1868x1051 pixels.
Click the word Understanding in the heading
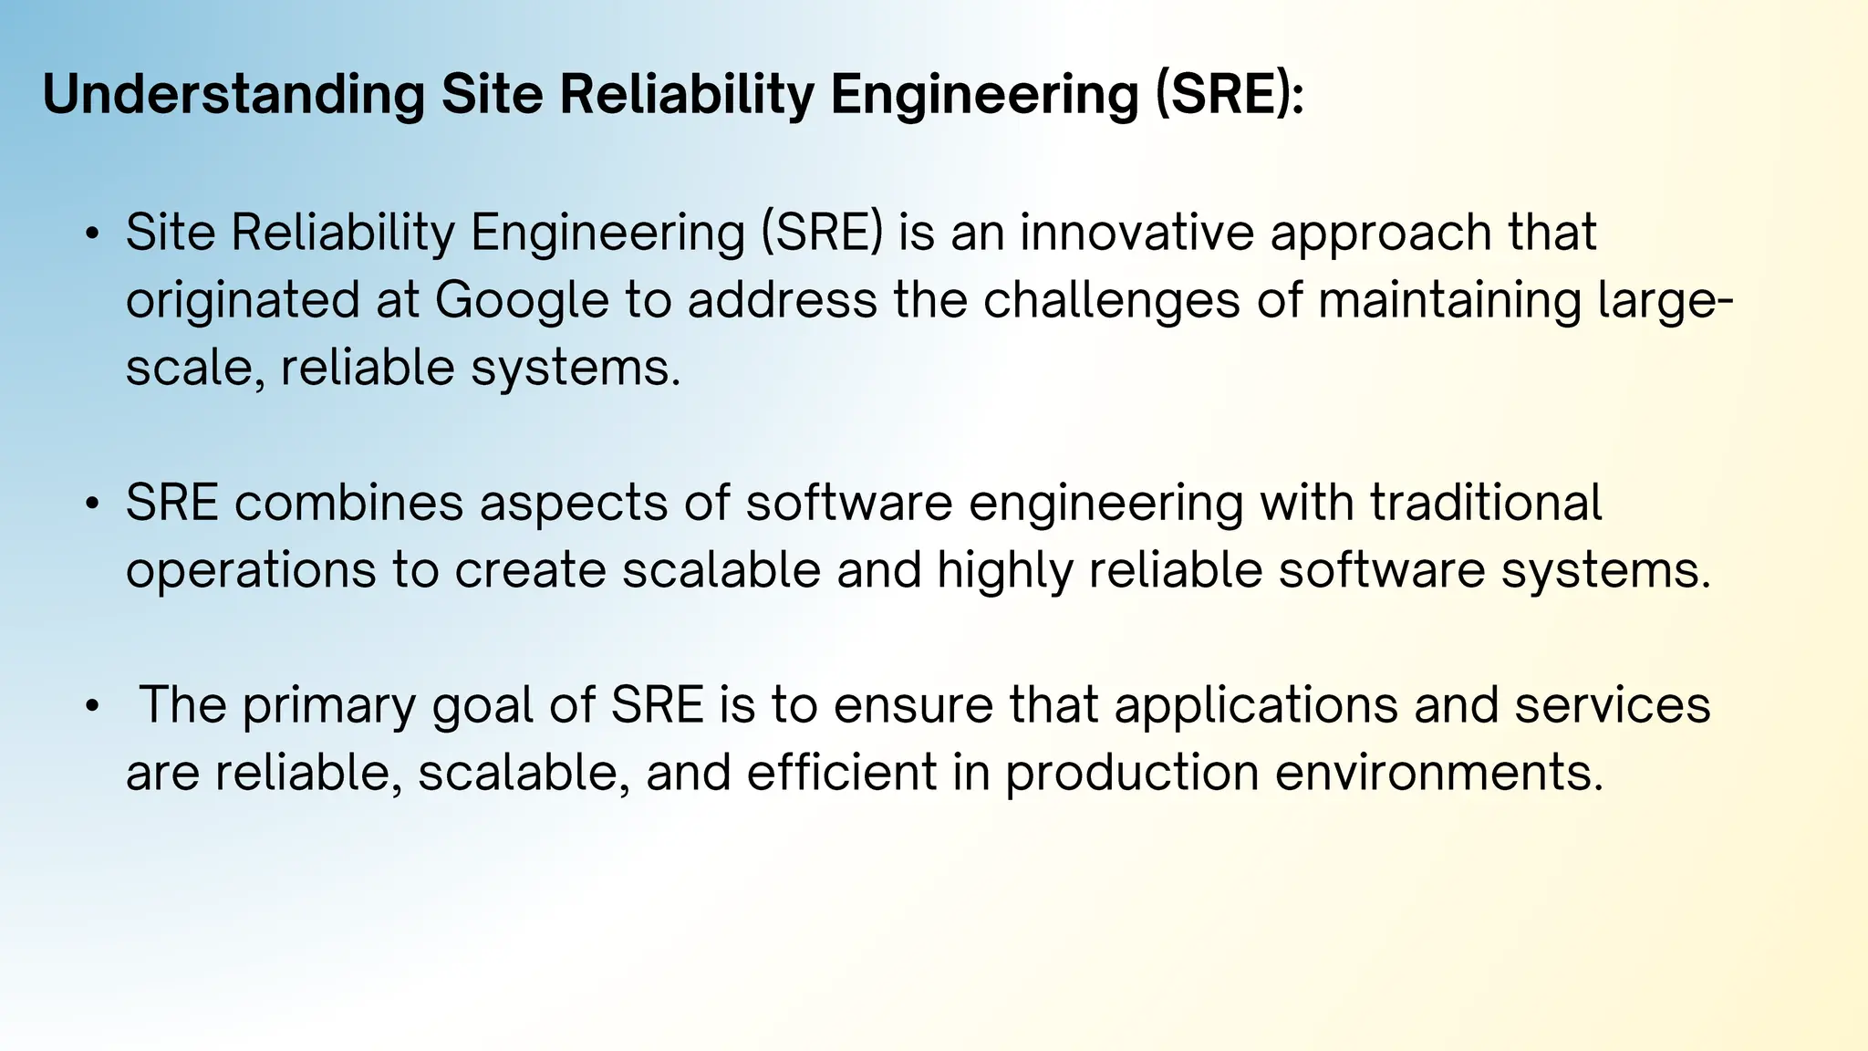pyautogui.click(x=233, y=95)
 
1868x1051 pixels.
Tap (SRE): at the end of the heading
pyautogui.click(x=1230, y=95)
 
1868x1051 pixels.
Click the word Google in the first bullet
pyautogui.click(x=522, y=300)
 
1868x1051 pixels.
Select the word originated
pyautogui.click(x=243, y=300)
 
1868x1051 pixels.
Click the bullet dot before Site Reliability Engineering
pyautogui.click(x=91, y=234)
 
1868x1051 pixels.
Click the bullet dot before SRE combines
pyautogui.click(x=91, y=505)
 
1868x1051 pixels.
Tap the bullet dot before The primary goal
pyautogui.click(x=91, y=707)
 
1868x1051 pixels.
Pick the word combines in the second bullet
pyautogui.click(x=349, y=503)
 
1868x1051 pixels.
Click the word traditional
pyautogui.click(x=1486, y=503)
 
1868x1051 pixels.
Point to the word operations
pyautogui.click(x=251, y=570)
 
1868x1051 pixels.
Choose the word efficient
pyautogui.click(x=842, y=773)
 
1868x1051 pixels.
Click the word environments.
pyautogui.click(x=1438, y=773)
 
